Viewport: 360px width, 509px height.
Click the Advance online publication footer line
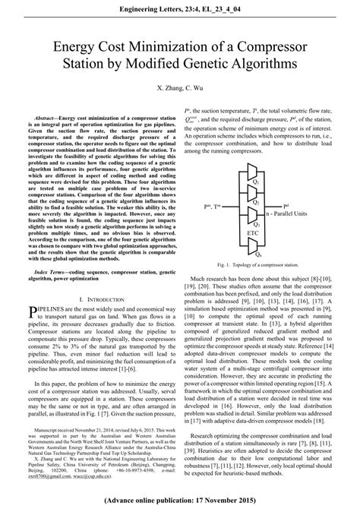click(179, 501)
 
